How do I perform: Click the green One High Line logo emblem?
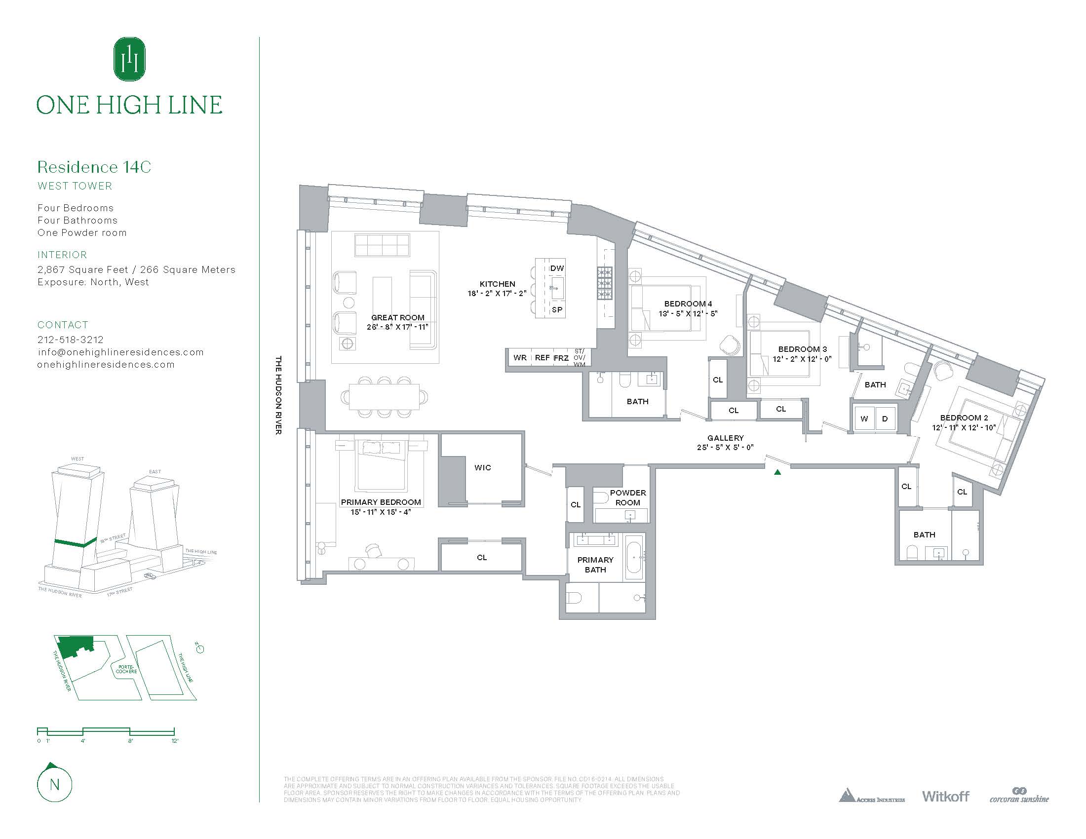(x=130, y=59)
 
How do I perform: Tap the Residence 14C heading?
(x=94, y=167)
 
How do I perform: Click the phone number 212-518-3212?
(x=71, y=340)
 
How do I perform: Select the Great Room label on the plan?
(x=398, y=317)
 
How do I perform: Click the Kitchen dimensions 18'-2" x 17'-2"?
(x=497, y=293)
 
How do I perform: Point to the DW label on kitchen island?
(x=557, y=268)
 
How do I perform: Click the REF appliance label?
(x=542, y=357)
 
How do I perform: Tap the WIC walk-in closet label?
(x=482, y=467)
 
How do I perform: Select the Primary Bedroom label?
(x=381, y=502)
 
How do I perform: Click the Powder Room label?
(x=627, y=497)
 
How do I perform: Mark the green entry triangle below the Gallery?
(x=777, y=472)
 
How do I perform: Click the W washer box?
(x=864, y=419)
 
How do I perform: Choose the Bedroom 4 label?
(x=688, y=304)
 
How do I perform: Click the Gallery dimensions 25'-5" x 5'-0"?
(x=725, y=447)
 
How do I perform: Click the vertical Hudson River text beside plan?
(x=278, y=395)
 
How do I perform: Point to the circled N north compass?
(x=55, y=784)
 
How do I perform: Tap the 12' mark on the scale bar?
(x=175, y=741)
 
